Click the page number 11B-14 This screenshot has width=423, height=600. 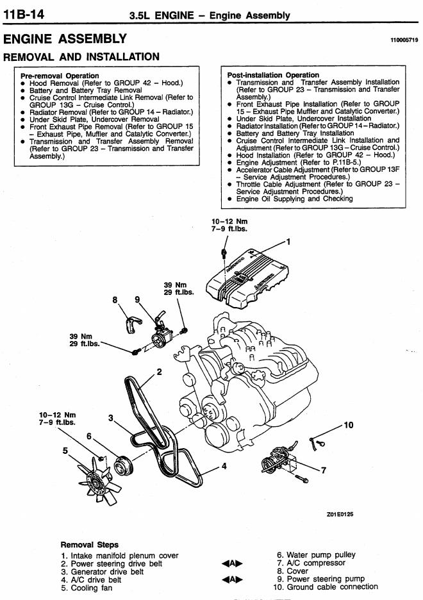tap(24, 15)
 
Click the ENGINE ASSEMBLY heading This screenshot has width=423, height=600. tap(65, 38)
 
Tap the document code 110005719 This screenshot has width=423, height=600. tap(404, 40)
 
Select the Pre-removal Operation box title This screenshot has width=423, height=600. tap(60, 76)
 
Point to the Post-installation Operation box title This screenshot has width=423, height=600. tap(273, 75)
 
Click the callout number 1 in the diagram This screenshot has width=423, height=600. tap(288, 242)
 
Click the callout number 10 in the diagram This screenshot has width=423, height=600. tap(349, 425)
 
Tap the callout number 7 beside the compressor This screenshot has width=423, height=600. tap(324, 470)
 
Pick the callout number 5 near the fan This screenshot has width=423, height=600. tap(65, 451)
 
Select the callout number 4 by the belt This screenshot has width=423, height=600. tap(224, 466)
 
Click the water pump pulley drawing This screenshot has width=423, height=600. tap(124, 465)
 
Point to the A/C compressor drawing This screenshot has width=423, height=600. tap(278, 461)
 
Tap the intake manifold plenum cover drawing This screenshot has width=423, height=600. tap(249, 278)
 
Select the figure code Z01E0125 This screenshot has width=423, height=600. tap(340, 514)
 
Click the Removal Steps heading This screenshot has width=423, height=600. tap(90, 544)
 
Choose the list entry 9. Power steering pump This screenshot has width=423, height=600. tap(320, 579)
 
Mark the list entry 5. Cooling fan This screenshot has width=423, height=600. tap(87, 588)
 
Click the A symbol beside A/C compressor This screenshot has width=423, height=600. tap(232, 563)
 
